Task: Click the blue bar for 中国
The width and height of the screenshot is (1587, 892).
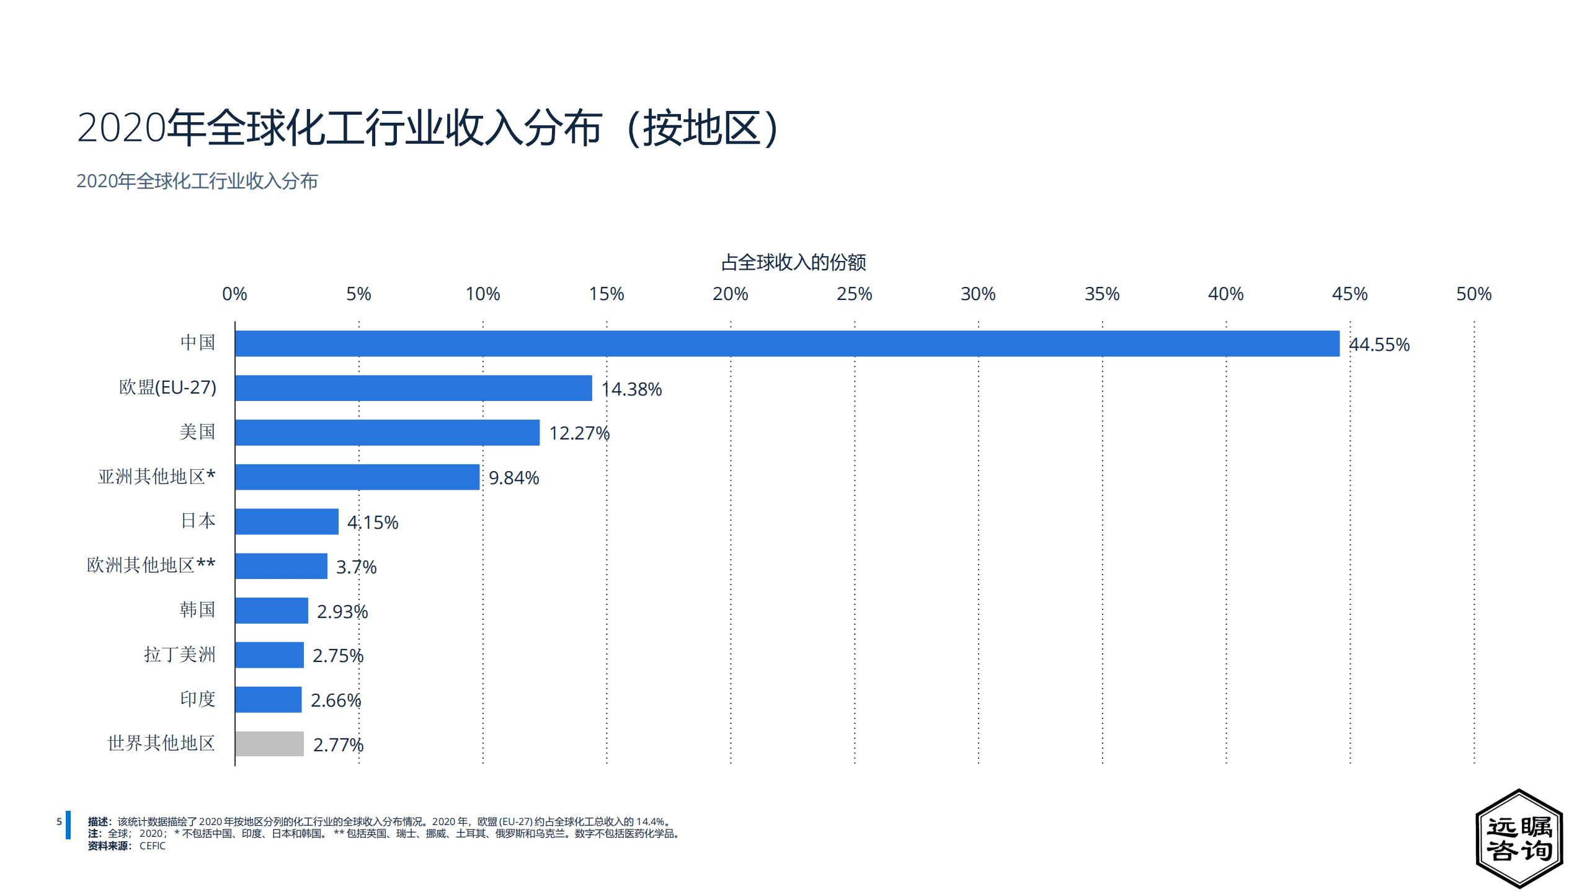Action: click(786, 343)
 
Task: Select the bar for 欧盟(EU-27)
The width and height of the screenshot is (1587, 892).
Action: click(413, 388)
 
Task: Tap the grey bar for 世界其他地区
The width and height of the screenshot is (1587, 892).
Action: click(269, 744)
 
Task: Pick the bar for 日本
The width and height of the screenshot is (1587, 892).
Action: click(287, 521)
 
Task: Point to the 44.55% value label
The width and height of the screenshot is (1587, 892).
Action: click(1379, 345)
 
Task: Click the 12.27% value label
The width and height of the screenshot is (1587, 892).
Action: click(579, 433)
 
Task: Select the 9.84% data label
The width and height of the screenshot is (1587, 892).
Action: click(513, 478)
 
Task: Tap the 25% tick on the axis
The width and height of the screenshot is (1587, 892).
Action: click(854, 294)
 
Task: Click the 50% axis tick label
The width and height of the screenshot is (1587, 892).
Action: click(1474, 294)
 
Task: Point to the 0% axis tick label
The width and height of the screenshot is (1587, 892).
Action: click(234, 294)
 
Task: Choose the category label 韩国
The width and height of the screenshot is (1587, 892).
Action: click(197, 610)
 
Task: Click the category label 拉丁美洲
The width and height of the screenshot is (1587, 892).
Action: click(180, 655)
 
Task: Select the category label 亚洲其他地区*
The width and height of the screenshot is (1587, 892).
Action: click(156, 477)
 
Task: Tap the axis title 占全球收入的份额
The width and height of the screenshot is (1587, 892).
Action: click(793, 262)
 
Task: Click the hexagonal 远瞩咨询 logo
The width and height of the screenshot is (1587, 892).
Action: click(1519, 839)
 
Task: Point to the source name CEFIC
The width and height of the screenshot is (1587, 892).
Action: click(153, 846)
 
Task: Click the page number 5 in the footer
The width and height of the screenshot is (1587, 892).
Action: click(59, 822)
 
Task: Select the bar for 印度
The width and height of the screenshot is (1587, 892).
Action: click(268, 699)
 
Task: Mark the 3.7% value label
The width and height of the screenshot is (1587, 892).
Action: click(356, 567)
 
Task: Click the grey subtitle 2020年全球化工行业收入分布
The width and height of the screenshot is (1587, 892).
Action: click(197, 181)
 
